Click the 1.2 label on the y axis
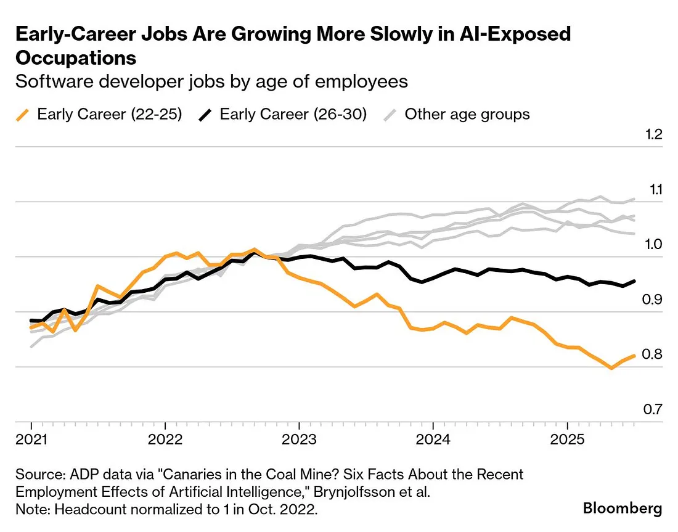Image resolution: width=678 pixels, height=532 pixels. (654, 134)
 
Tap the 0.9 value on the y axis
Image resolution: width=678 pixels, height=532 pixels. (653, 300)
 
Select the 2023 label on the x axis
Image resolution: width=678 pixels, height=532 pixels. (299, 442)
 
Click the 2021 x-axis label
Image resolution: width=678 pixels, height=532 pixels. (31, 442)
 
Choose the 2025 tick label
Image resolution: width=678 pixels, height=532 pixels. (567, 442)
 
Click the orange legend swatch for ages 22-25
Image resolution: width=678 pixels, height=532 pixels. (23, 114)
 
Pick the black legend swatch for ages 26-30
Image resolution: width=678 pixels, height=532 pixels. (206, 114)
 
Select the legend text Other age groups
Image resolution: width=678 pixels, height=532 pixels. (467, 114)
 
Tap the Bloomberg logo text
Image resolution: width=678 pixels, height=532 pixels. (623, 509)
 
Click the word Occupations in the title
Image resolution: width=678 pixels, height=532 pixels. (76, 58)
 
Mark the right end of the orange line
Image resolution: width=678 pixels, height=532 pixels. (635, 355)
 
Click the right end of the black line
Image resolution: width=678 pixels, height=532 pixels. (635, 281)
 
